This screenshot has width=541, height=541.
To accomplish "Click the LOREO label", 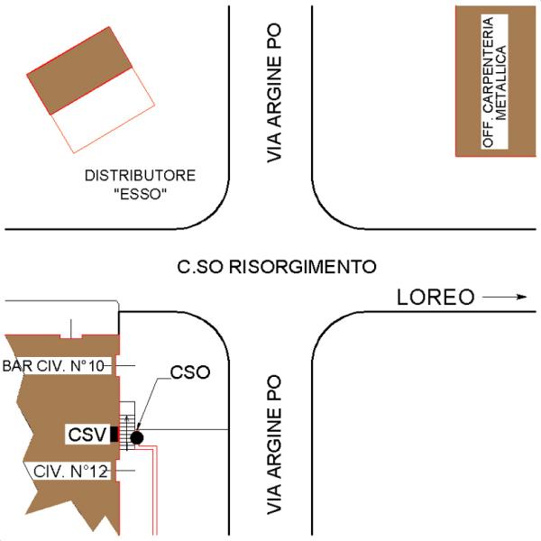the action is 436,297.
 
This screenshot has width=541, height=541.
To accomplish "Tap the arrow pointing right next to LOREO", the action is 504,297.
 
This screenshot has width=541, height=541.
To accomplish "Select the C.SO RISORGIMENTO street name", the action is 277,267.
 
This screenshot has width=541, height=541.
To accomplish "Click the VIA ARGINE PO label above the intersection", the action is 275,93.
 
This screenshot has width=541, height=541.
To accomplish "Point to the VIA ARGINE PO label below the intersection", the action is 275,445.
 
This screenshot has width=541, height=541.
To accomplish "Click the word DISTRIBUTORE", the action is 140,175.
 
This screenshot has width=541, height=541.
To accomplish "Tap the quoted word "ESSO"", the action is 140,194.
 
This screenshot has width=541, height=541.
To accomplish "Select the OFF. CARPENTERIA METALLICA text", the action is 494,82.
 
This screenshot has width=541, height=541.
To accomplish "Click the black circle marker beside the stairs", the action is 137,437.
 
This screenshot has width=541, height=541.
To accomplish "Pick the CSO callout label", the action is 190,372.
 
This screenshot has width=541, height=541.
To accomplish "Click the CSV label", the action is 87,435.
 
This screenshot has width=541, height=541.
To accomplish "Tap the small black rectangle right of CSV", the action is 114,434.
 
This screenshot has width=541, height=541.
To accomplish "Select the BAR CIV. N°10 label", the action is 53,366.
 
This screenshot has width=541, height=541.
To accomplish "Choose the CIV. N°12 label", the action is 70,471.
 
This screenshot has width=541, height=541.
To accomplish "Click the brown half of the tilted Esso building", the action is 79,70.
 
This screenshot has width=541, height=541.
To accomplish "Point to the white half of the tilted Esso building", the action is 103,110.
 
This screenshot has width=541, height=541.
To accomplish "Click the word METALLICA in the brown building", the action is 501,82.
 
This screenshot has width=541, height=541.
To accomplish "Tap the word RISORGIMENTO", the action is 303,267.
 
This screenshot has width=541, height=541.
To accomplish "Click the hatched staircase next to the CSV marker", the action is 127,426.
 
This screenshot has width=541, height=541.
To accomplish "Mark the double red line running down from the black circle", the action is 154,490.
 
